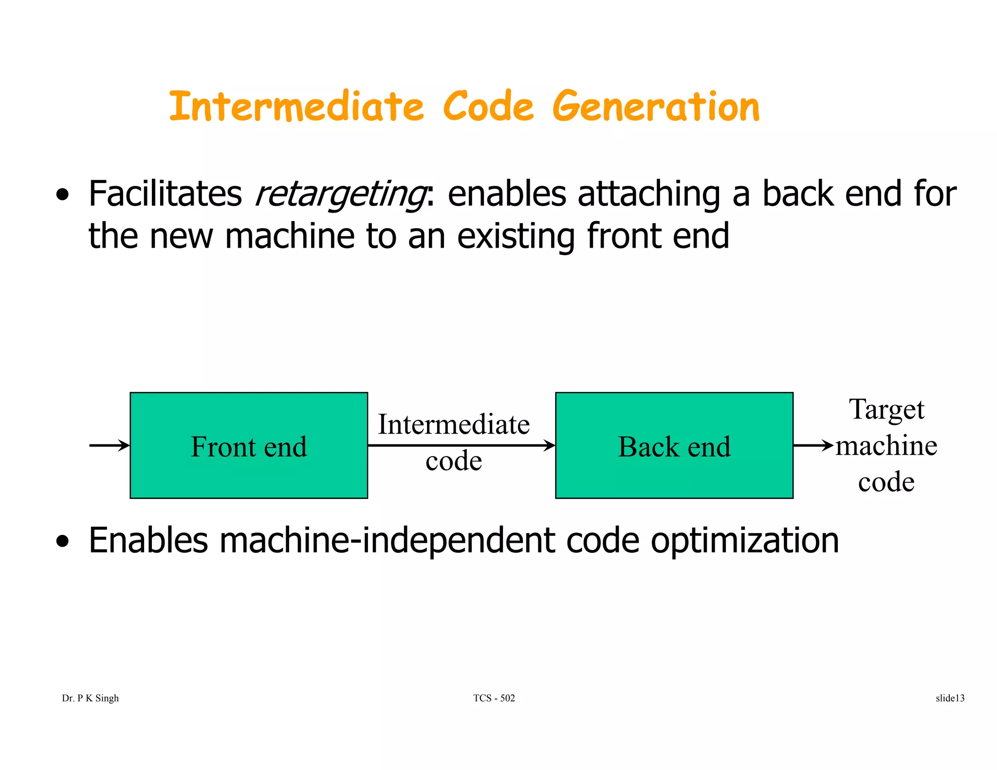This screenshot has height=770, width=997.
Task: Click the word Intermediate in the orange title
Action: pos(296,107)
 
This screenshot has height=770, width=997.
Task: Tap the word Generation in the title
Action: pos(656,107)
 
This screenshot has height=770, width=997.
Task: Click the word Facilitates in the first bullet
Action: pos(165,194)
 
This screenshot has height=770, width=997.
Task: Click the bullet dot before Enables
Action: pos(62,541)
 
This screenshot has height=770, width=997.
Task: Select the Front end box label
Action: pos(249,447)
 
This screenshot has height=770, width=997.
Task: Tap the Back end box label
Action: pos(674,447)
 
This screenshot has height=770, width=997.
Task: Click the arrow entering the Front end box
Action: pos(110,445)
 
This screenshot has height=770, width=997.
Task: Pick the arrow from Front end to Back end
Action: pos(461,445)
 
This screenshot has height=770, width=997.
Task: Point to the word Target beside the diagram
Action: pos(886,409)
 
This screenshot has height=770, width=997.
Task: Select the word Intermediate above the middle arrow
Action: pos(454,424)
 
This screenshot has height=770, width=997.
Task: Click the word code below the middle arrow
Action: pos(454,460)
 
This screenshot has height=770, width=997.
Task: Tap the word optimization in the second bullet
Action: pos(745,541)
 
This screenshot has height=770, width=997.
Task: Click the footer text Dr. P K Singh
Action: pos(91,698)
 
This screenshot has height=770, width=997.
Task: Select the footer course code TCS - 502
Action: pos(494,698)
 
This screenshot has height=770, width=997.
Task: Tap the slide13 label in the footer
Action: pos(950,698)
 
